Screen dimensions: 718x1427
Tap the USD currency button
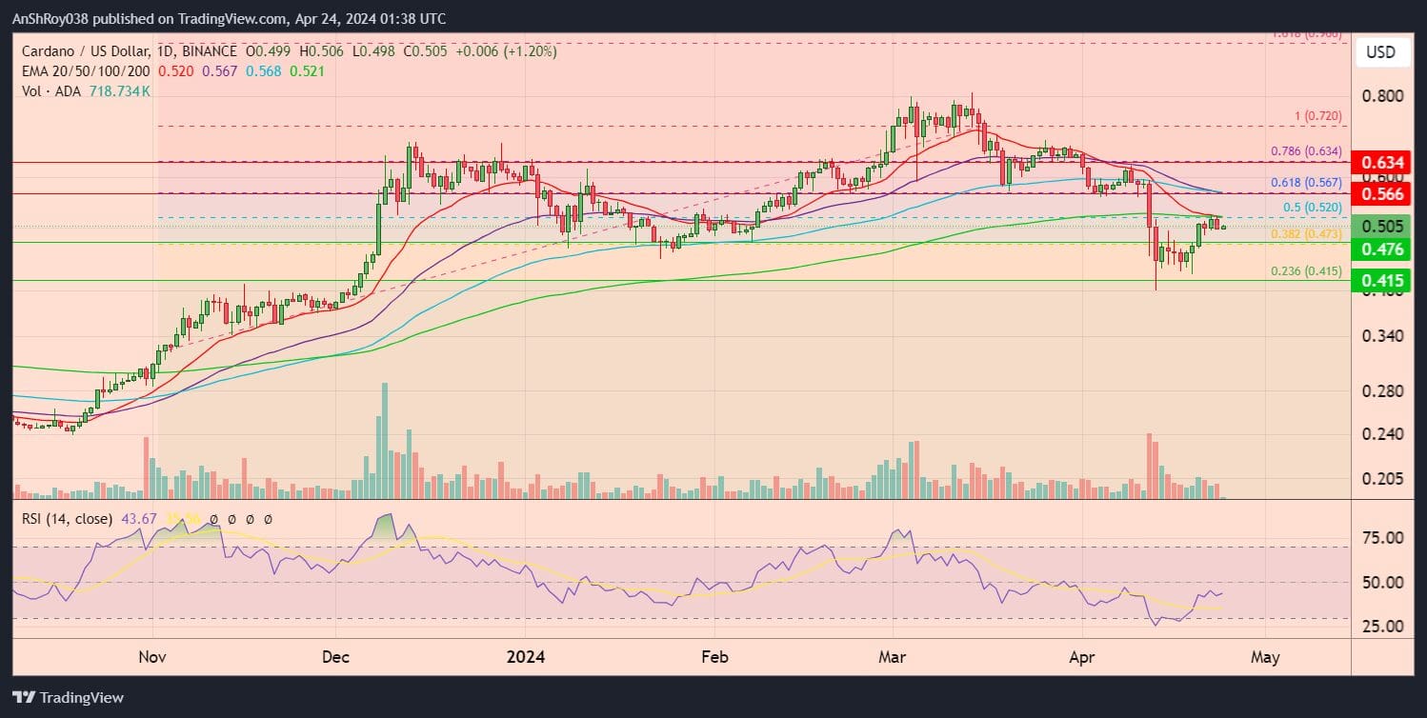coord(1380,51)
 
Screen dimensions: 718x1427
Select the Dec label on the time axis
coord(336,657)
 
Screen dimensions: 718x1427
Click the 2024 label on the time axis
coord(525,657)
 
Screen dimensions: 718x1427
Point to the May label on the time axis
coord(1265,657)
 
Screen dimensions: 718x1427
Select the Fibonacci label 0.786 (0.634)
coord(1306,150)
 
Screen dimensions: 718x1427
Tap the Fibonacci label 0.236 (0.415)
coord(1306,271)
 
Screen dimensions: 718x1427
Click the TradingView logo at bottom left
coord(68,697)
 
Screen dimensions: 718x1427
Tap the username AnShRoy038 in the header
coord(53,19)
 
